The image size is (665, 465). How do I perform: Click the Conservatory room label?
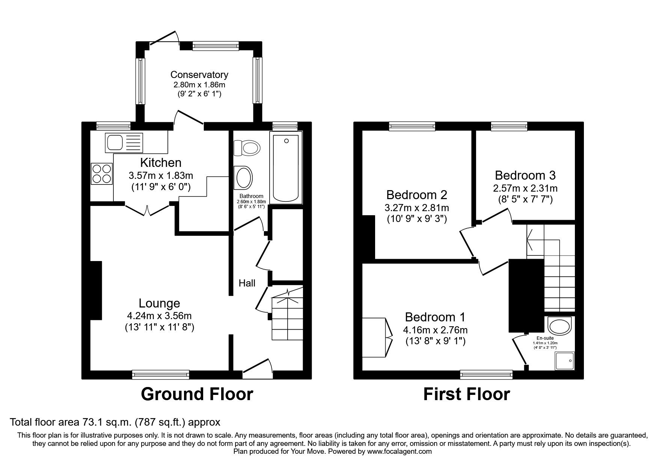coord(199,75)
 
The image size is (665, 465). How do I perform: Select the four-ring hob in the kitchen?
coord(102,174)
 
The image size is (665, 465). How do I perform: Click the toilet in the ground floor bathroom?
coord(247,148)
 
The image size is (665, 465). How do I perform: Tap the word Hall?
coord(247,283)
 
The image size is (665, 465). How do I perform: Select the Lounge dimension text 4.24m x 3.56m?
coord(159,316)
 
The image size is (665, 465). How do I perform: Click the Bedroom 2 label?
coord(417,195)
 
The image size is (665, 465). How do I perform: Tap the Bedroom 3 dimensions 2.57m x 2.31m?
coord(525,188)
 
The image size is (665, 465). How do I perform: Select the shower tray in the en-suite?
coord(565,361)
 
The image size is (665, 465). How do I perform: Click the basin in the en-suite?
coord(559,325)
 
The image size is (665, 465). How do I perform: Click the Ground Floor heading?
coord(197,394)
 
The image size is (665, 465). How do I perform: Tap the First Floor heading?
coord(466,394)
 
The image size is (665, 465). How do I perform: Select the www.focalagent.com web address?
coord(399,451)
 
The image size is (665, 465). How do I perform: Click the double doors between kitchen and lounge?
coord(147,210)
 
